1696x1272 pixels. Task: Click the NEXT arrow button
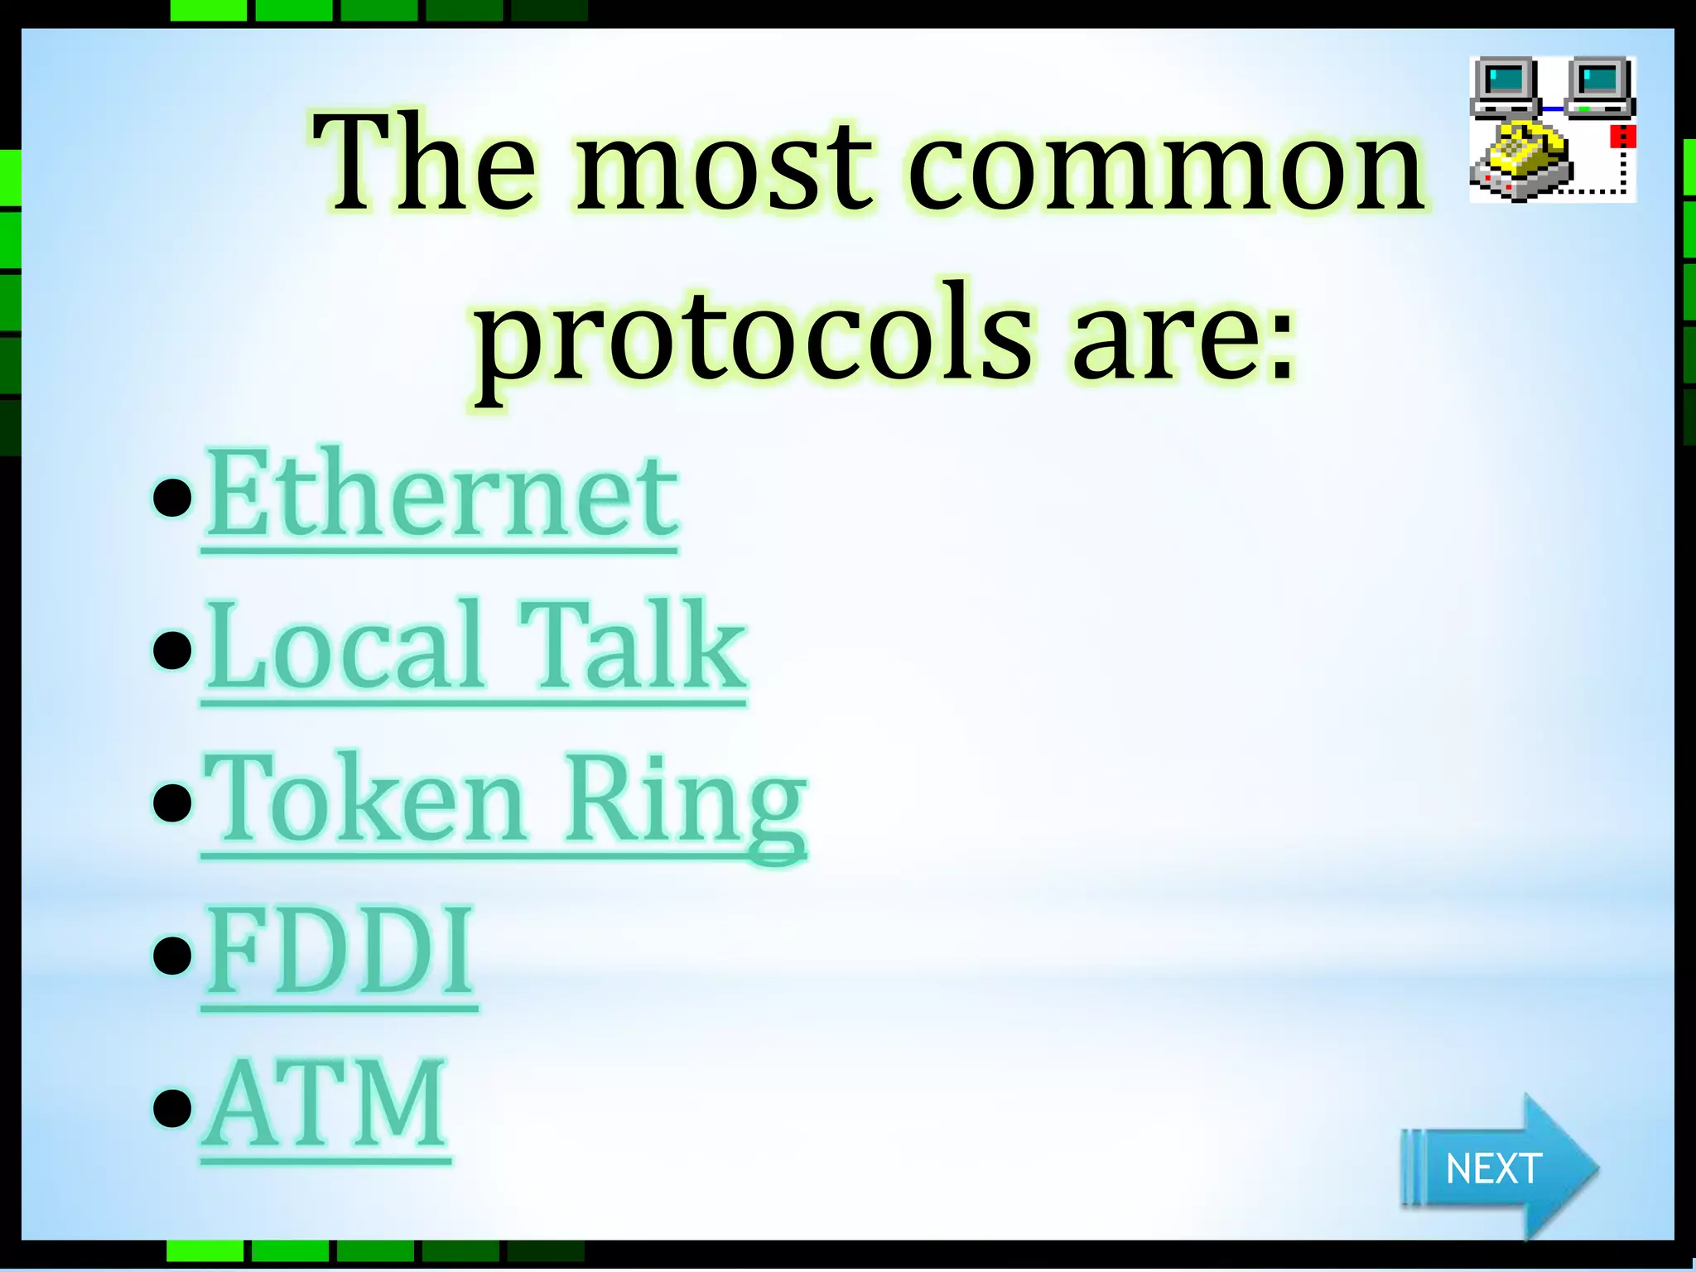(1496, 1168)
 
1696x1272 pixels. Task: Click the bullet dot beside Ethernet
(172, 497)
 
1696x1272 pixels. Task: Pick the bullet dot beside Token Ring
(172, 802)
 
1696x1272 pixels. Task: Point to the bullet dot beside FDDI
(172, 954)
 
